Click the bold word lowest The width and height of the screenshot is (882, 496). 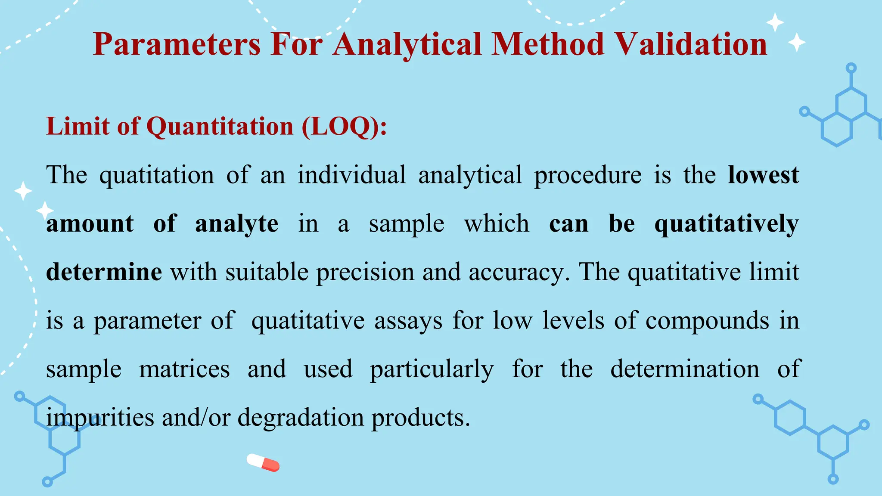(763, 175)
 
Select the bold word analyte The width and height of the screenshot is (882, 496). (236, 224)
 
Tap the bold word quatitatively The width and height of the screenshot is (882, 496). (727, 224)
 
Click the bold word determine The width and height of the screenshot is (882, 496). (104, 272)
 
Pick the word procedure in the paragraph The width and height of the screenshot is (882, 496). (587, 175)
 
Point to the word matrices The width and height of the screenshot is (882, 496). (184, 369)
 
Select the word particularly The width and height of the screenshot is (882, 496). (432, 369)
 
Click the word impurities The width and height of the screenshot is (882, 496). (100, 418)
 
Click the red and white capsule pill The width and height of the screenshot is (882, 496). (263, 462)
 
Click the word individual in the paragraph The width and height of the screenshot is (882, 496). (351, 175)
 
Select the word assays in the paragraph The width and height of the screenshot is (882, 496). (408, 321)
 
